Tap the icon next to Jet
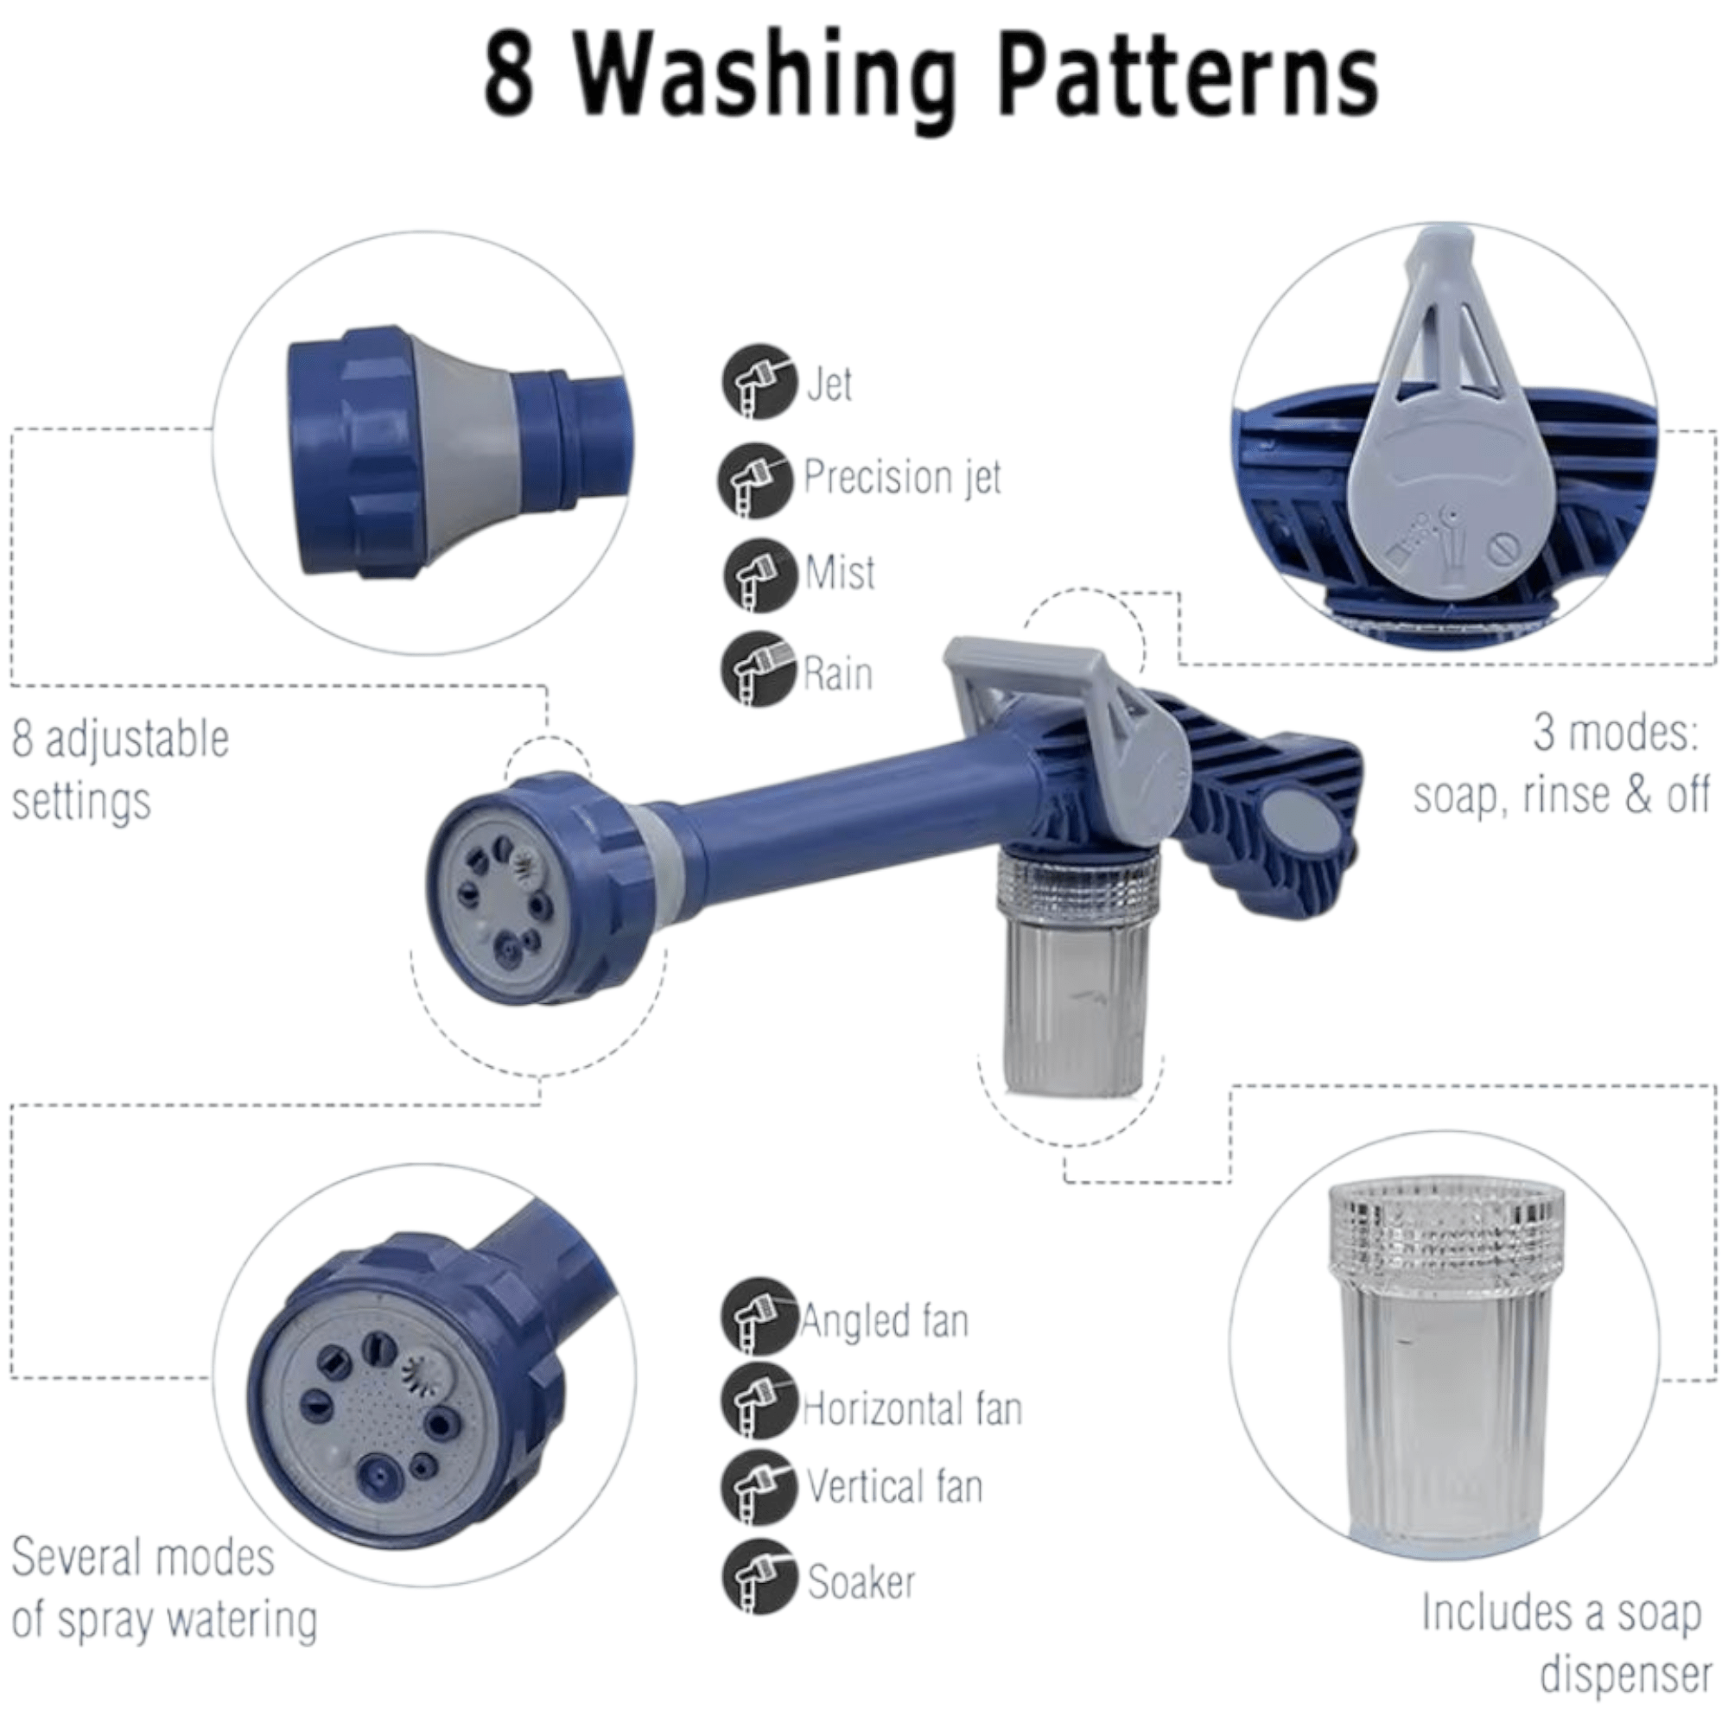(759, 382)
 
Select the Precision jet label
(903, 477)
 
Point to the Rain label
(838, 674)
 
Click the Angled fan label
(885, 1322)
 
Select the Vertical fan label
(894, 1486)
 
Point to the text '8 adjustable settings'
(121, 769)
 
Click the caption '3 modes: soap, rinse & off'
(1561, 763)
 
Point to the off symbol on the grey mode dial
(1503, 549)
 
